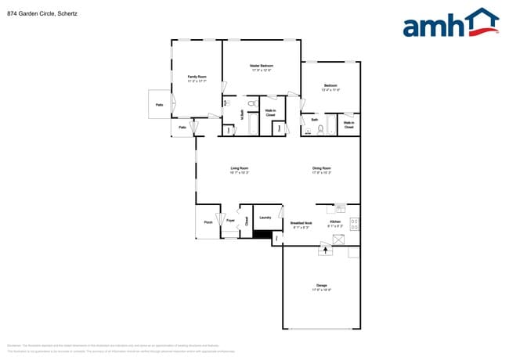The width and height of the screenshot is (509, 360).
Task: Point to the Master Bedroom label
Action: click(261, 67)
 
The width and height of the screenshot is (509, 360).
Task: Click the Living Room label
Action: click(239, 170)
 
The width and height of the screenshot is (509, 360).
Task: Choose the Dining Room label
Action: click(322, 170)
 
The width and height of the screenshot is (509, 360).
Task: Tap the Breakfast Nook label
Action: click(301, 224)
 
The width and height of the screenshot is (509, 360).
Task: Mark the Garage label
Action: click(322, 286)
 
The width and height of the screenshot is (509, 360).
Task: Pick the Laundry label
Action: click(265, 217)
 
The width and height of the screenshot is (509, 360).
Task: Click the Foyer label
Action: click(230, 221)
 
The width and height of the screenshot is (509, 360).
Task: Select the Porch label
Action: click(208, 222)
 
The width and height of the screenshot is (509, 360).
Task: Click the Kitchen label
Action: click(335, 224)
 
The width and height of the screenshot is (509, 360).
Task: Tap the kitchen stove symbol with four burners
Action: click(355, 224)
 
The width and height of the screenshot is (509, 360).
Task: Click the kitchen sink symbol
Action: click(341, 208)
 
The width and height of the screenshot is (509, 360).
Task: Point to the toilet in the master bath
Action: click(252, 103)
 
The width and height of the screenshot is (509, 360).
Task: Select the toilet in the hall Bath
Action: click(320, 130)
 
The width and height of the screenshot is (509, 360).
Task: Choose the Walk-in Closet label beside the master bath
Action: click(270, 113)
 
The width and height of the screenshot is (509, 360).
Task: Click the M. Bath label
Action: click(241, 115)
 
